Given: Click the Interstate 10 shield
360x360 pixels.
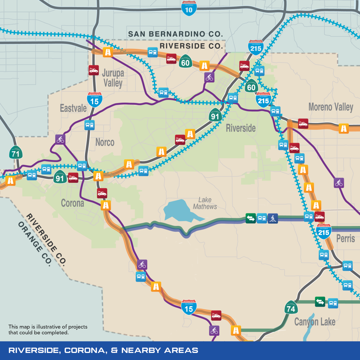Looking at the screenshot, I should (x=189, y=7).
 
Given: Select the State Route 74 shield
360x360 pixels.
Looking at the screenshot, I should (x=291, y=308).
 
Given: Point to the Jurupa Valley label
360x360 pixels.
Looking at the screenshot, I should (x=112, y=78).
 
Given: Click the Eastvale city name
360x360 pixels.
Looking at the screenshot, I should (x=73, y=108).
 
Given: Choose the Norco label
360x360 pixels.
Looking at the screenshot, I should (x=105, y=142).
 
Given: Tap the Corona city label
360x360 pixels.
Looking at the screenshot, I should (x=72, y=203).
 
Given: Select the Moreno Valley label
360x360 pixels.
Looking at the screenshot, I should (x=330, y=107).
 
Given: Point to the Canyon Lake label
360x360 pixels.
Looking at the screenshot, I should (x=315, y=322).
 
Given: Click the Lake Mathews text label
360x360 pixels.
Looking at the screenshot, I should (x=205, y=203).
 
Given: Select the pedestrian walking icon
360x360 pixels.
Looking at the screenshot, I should (x=273, y=218).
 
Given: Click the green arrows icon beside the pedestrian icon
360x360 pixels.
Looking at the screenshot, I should (x=251, y=218).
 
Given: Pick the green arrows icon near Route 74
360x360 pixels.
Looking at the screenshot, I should (x=320, y=302).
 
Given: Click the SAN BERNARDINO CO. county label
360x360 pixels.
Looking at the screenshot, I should (x=175, y=34).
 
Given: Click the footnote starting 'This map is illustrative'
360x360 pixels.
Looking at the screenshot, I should (x=48, y=329).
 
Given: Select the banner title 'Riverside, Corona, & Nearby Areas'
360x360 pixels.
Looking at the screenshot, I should (x=103, y=351).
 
